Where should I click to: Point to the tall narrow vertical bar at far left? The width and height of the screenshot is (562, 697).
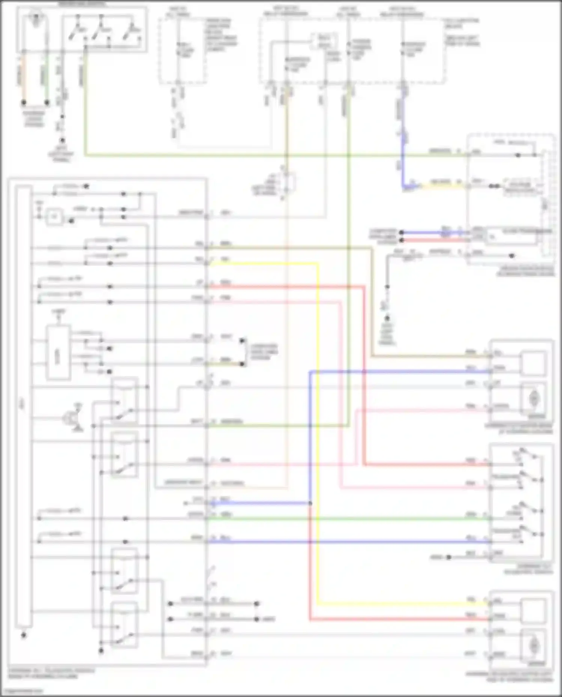click(23, 406)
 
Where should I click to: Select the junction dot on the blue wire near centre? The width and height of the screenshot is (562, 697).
click(310, 503)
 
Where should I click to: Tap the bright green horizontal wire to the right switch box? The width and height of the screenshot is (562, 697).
click(348, 518)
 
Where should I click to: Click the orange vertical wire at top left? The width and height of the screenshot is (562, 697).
click(24, 75)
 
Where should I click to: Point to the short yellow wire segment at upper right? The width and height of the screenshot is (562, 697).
click(442, 185)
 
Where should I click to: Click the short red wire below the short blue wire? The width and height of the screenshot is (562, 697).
click(435, 240)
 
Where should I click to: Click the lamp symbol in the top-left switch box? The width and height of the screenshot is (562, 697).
click(36, 21)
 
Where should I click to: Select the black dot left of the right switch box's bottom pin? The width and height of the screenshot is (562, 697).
click(449, 557)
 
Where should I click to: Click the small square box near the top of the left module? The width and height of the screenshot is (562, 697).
click(54, 217)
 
